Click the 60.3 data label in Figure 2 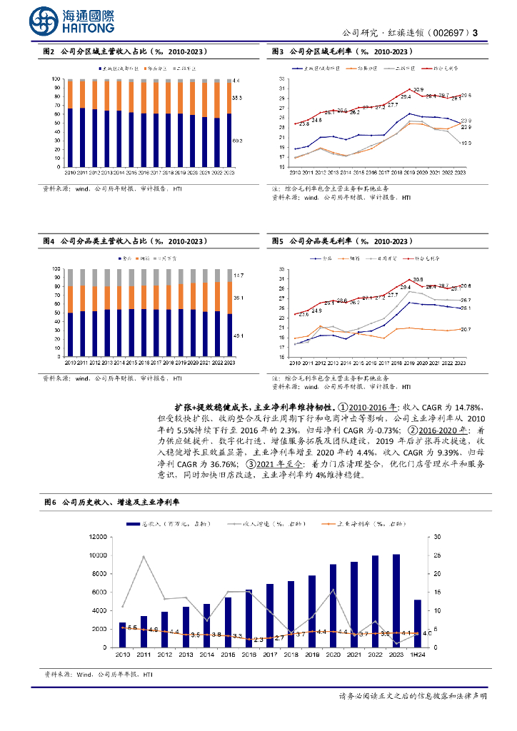point(237,141)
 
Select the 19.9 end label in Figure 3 point(465,143)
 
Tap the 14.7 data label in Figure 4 point(238,275)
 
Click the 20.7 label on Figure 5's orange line point(465,329)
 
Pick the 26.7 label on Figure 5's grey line point(465,300)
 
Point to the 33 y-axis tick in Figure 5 point(282,269)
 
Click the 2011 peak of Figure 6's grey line point(144,556)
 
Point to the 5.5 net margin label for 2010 point(132,627)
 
